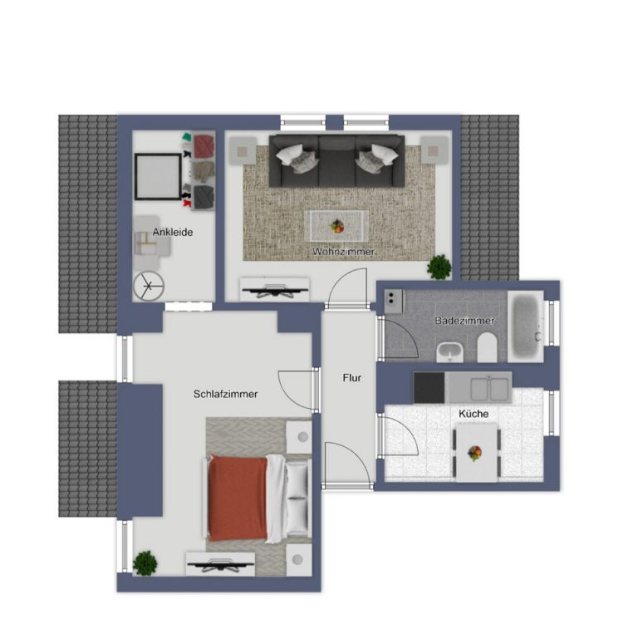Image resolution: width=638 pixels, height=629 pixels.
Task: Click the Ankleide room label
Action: (x=173, y=232)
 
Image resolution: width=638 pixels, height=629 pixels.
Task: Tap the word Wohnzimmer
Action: (x=343, y=252)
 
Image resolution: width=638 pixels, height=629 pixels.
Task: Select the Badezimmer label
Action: (x=464, y=321)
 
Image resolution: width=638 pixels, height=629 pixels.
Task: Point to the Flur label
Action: (x=352, y=378)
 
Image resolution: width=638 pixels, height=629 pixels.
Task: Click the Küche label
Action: (x=474, y=414)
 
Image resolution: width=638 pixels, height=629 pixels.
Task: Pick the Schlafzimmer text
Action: (x=225, y=394)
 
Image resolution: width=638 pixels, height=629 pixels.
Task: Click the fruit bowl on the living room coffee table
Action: (x=337, y=226)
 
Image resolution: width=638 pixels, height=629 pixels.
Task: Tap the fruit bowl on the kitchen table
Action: (x=474, y=453)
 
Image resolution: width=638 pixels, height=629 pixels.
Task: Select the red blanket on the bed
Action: (x=238, y=498)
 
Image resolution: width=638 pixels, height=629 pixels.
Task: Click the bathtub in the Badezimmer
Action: (x=526, y=327)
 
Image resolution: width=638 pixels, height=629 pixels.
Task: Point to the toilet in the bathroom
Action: (x=487, y=347)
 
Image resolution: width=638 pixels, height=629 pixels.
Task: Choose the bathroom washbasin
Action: (x=449, y=351)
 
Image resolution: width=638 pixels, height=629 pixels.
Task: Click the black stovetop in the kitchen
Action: (x=429, y=387)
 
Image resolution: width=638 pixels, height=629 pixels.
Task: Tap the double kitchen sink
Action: (x=489, y=389)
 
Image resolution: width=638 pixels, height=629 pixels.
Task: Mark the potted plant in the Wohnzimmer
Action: (x=439, y=267)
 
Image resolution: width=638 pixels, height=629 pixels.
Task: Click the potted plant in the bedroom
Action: (x=145, y=563)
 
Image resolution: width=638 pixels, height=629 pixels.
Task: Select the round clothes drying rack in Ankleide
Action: (x=149, y=286)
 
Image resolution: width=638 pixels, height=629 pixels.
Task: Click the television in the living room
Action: (x=275, y=291)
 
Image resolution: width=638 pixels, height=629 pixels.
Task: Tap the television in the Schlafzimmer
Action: (x=220, y=566)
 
